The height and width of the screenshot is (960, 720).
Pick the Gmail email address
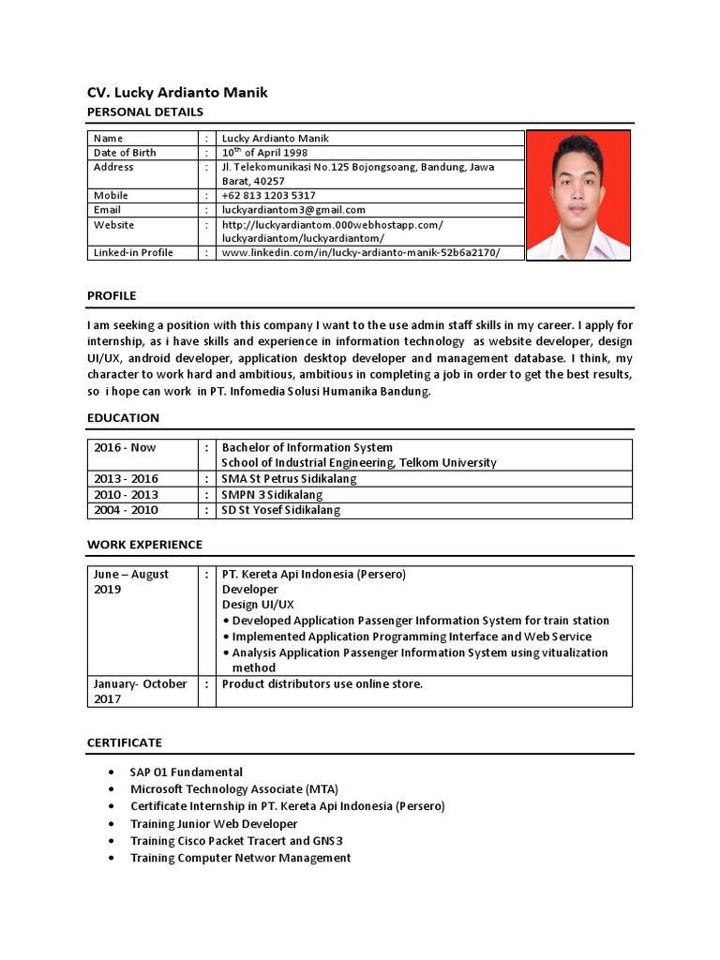click(293, 210)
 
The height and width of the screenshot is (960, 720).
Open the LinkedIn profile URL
click(360, 252)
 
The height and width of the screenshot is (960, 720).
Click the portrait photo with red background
click(577, 195)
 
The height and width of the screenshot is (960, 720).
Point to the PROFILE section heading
click(112, 295)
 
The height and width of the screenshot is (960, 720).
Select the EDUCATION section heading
click(123, 417)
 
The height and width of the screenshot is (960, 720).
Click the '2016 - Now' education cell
click(125, 447)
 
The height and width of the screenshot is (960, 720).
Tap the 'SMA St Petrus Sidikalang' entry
click(289, 478)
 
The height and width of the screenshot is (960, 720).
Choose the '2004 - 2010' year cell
click(126, 510)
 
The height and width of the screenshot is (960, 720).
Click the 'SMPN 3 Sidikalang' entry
click(272, 494)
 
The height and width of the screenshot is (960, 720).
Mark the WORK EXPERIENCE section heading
click(144, 545)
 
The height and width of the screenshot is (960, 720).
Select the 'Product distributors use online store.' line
click(322, 683)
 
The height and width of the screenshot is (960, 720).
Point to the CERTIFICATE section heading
click(125, 742)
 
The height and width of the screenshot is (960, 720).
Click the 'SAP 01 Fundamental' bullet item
click(187, 772)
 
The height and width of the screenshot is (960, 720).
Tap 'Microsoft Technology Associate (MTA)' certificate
click(234, 789)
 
